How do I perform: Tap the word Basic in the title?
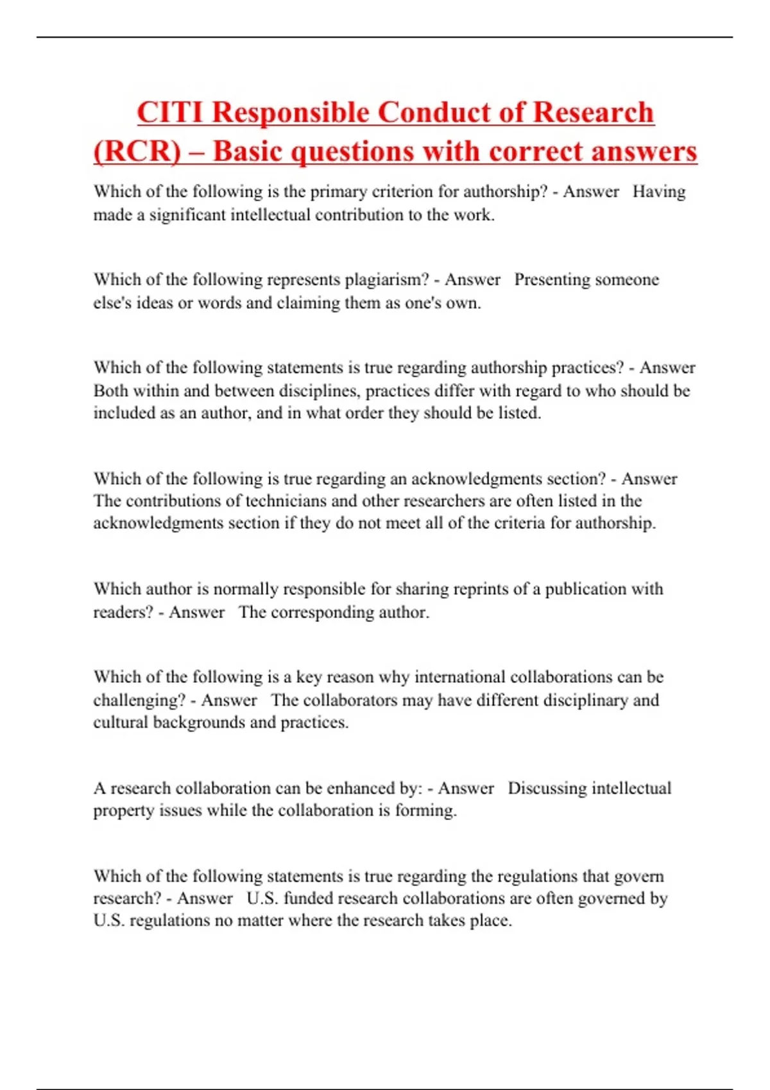pos(248,152)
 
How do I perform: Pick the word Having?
pos(659,192)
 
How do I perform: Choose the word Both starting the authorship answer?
pos(111,390)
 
